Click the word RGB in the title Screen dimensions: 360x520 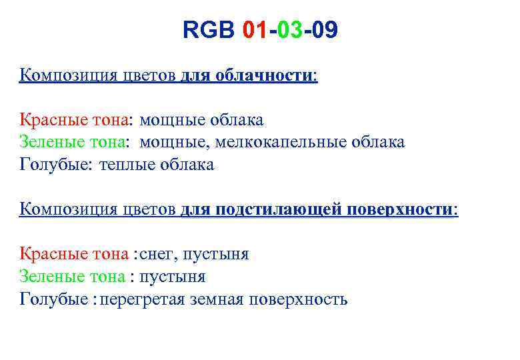coord(209,31)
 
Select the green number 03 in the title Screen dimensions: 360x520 coord(289,31)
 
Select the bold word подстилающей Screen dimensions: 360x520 coord(278,209)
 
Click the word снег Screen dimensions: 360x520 coord(158,254)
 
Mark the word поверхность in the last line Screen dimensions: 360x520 coord(298,299)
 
